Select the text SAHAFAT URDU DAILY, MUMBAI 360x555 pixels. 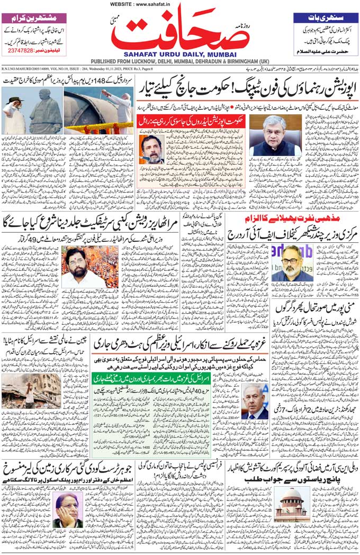pos(179,54)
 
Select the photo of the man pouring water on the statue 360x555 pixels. pos(98,111)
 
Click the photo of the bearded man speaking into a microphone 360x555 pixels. pos(152,149)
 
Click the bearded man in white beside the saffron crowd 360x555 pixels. pos(74,267)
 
